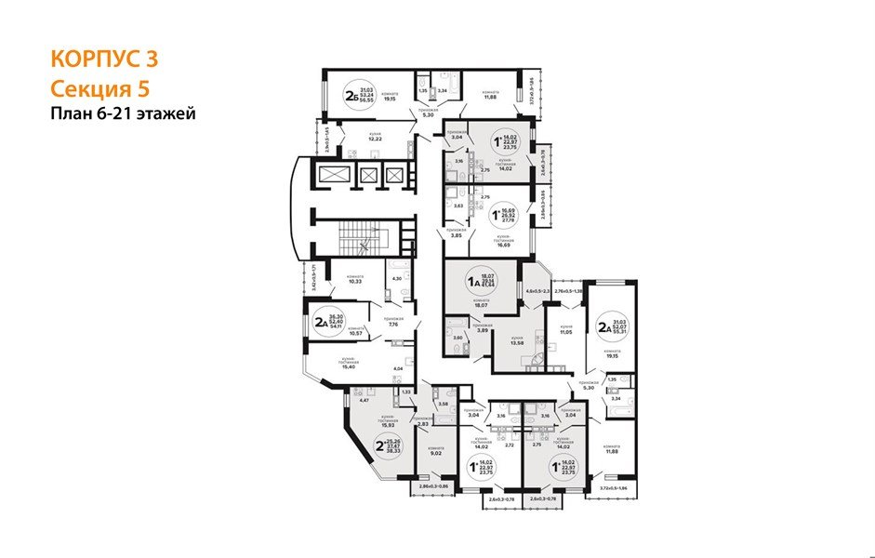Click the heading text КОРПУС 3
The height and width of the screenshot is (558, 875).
point(103,59)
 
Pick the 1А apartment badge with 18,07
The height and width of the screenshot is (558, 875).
point(484,282)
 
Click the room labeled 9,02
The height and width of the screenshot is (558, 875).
point(435,455)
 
